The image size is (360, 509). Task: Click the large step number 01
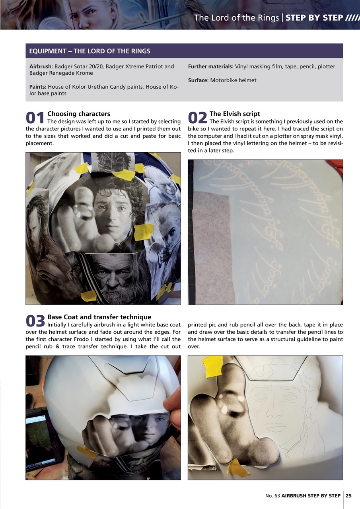(35, 118)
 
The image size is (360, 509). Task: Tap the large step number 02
(198, 118)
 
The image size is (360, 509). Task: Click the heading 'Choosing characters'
(79, 114)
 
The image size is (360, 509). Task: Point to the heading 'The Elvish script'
(235, 114)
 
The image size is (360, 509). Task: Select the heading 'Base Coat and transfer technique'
(99, 317)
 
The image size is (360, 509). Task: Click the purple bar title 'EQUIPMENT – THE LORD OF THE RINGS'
(90, 51)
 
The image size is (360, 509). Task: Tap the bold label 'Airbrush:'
(41, 66)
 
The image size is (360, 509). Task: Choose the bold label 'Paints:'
(38, 87)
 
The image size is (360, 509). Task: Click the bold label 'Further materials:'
(210, 66)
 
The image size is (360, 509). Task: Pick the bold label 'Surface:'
(198, 80)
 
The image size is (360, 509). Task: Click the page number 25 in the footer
(348, 495)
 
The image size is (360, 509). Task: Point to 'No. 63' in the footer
(272, 495)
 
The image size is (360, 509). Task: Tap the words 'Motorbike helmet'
(233, 80)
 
